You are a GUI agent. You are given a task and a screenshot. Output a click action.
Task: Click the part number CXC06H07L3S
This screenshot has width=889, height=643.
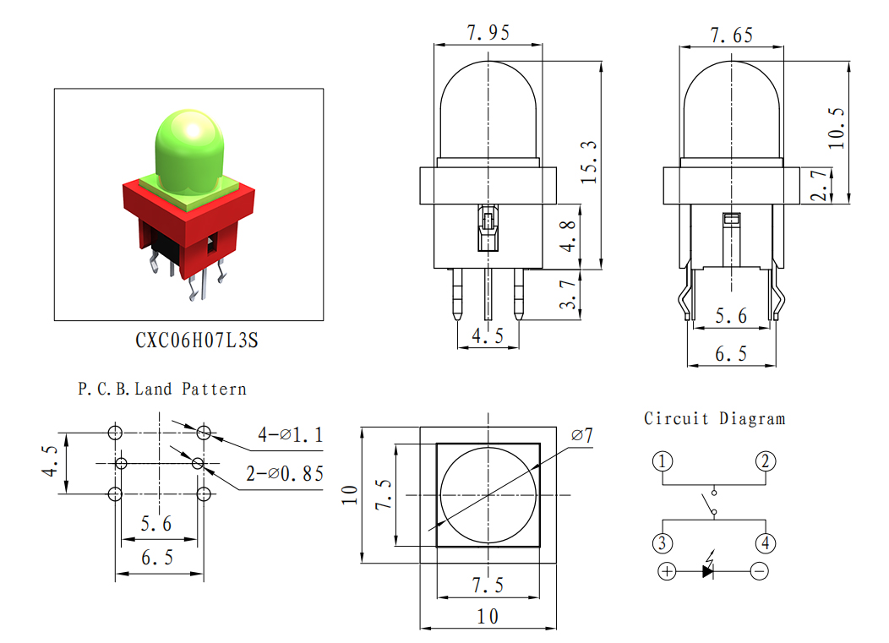196,341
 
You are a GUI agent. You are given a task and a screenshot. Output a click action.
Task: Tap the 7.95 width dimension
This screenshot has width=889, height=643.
488,32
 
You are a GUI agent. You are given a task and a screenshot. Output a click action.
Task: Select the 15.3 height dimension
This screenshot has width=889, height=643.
589,162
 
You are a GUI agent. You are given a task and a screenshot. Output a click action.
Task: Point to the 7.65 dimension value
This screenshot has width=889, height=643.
731,35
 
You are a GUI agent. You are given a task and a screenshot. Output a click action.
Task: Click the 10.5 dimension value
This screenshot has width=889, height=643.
837,128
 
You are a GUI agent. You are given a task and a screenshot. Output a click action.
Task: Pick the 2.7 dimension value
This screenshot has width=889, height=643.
819,185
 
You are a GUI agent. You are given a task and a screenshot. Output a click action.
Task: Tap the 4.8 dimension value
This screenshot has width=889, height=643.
568,236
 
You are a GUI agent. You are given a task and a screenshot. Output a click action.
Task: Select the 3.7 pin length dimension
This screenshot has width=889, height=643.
568,294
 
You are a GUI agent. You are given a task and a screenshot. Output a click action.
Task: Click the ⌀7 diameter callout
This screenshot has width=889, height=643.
581,435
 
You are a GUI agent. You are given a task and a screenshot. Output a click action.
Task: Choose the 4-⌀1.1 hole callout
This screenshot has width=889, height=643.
291,435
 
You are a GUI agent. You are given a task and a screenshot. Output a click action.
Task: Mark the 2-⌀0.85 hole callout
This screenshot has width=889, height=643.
285,473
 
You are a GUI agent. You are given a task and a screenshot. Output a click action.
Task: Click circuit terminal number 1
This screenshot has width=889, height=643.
663,461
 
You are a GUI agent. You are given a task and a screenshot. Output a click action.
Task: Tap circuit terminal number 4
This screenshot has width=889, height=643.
766,543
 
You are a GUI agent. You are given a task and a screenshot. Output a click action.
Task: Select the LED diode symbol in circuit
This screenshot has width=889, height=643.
708,567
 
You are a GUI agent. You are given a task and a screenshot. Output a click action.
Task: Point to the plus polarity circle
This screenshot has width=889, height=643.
668,571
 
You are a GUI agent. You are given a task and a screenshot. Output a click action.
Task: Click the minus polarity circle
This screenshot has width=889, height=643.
760,571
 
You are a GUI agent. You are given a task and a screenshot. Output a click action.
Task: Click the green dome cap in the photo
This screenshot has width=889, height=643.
189,151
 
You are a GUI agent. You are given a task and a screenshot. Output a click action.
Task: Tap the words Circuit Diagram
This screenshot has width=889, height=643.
714,419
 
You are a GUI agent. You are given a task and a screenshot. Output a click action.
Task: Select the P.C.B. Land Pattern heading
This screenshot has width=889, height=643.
162,389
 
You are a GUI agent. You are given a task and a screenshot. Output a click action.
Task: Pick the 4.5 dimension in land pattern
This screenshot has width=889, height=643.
50,461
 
